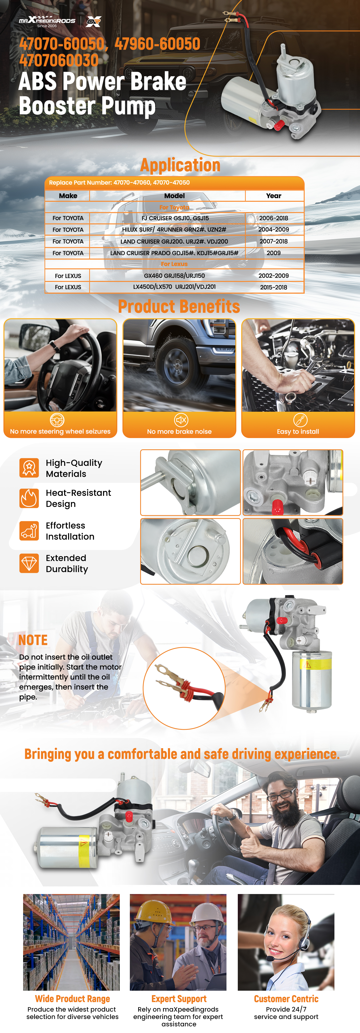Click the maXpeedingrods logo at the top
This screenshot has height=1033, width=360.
(x=47, y=21)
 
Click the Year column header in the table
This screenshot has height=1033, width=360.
(x=274, y=196)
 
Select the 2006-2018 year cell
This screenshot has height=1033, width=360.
(x=274, y=218)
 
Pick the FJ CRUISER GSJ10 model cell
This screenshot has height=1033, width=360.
(x=175, y=218)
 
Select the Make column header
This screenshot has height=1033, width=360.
(x=68, y=196)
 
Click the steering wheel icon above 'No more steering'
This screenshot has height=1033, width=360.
(x=57, y=420)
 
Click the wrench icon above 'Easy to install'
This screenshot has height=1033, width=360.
(x=300, y=420)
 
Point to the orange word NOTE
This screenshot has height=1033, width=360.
(x=33, y=640)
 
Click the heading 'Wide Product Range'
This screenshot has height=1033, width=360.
(x=73, y=999)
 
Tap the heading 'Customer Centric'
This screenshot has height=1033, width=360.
(x=286, y=999)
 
